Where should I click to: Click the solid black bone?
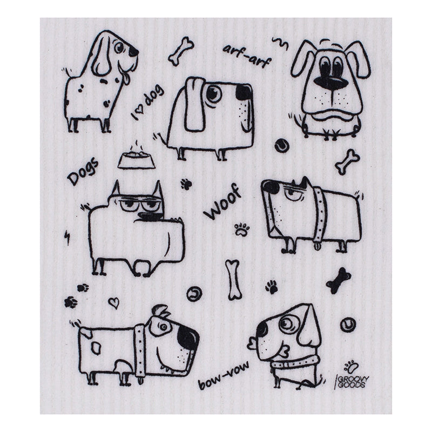(339, 280)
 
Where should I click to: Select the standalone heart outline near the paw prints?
(113, 302)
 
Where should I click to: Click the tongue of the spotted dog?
(125, 79)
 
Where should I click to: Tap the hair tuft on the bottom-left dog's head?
(160, 311)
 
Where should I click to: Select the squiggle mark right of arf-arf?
(281, 43)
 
